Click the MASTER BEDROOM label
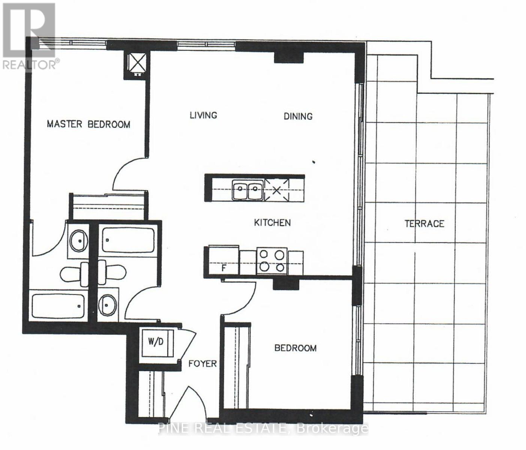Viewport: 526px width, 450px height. [88, 124]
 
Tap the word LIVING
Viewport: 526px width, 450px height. [203, 115]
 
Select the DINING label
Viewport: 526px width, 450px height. [298, 116]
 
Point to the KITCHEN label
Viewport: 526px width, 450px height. [272, 223]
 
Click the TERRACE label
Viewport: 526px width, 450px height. [424, 223]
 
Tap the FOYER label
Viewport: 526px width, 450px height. [203, 364]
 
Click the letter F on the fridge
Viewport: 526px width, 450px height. [224, 268]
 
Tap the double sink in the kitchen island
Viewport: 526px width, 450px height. [248, 190]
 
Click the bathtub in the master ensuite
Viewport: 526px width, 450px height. [58, 306]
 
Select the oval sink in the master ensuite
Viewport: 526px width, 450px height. [79, 241]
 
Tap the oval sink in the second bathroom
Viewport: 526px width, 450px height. [108, 305]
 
